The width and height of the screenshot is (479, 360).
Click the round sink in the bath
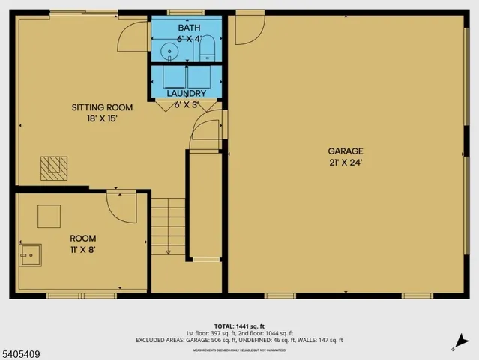click(x=170, y=52)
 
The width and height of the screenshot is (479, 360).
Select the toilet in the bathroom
click(x=208, y=49)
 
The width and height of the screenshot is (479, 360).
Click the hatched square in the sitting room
click(x=53, y=166)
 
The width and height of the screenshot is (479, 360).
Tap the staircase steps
click(x=169, y=225)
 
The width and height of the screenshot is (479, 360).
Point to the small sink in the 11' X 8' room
click(x=31, y=255)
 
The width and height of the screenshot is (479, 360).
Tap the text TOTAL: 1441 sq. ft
click(x=239, y=325)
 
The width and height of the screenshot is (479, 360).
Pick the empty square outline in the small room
click(x=50, y=216)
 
